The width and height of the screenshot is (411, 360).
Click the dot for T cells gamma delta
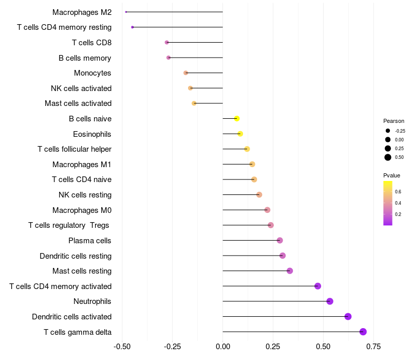pyautogui.click(x=363, y=332)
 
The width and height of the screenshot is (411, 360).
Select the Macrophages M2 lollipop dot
pyautogui.click(x=126, y=12)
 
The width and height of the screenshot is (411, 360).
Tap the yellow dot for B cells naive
pyautogui.click(x=237, y=119)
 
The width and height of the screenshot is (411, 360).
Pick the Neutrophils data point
pyautogui.click(x=330, y=301)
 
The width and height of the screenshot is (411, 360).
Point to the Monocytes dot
pyautogui.click(x=186, y=73)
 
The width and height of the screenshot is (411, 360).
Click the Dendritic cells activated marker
pyautogui.click(x=348, y=316)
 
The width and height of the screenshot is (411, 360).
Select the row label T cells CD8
pyautogui.click(x=91, y=43)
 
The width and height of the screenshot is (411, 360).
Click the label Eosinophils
pyautogui.click(x=92, y=134)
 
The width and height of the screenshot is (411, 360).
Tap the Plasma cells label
pyautogui.click(x=90, y=241)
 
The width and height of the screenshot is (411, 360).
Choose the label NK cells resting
pyautogui.click(x=85, y=195)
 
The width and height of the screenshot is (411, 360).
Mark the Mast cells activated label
pyautogui.click(x=78, y=103)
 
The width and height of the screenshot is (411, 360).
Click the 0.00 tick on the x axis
pyautogui.click(x=222, y=347)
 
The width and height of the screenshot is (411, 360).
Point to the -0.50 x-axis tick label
pyautogui.click(x=122, y=347)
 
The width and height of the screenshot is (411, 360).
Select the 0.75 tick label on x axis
pyautogui.click(x=373, y=347)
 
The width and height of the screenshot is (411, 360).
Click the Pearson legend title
pyautogui.click(x=394, y=121)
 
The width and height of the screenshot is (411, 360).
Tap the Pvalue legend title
pyautogui.click(x=391, y=175)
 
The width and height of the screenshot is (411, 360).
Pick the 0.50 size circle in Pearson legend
pyautogui.click(x=388, y=157)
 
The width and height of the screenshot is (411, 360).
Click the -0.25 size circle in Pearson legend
pyautogui.click(x=388, y=131)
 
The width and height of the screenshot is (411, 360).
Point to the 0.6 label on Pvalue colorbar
pyautogui.click(x=398, y=191)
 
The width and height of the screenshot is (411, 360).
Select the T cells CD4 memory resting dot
pyautogui.click(x=133, y=27)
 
